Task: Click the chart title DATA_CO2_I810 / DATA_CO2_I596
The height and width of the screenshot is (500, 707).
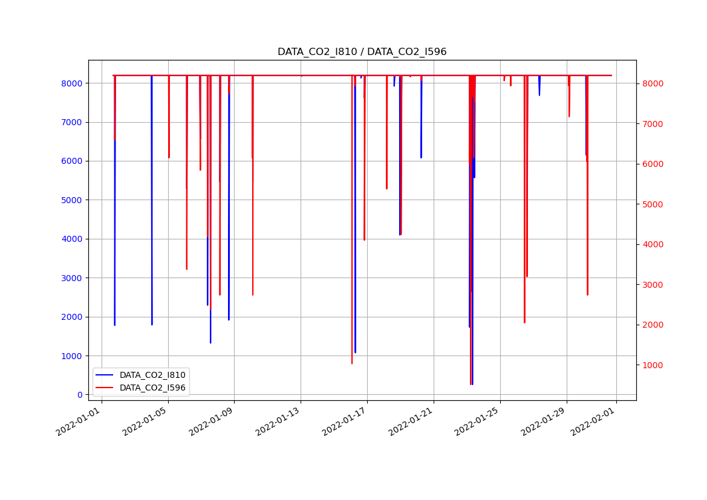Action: [x=362, y=52]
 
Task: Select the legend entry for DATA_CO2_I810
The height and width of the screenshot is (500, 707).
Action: [x=152, y=375]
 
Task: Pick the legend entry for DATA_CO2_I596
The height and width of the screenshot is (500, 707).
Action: [x=152, y=388]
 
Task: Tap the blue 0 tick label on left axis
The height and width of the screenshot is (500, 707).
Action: [x=79, y=395]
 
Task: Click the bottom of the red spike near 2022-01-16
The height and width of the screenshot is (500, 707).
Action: [x=352, y=363]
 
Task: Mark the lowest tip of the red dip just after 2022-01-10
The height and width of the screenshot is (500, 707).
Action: [x=253, y=294]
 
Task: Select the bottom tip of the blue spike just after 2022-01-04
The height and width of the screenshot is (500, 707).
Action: [x=152, y=325]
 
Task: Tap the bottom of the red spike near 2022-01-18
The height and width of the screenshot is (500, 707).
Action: [x=387, y=189]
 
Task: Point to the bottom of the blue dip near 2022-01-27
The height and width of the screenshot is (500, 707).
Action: [x=539, y=95]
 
